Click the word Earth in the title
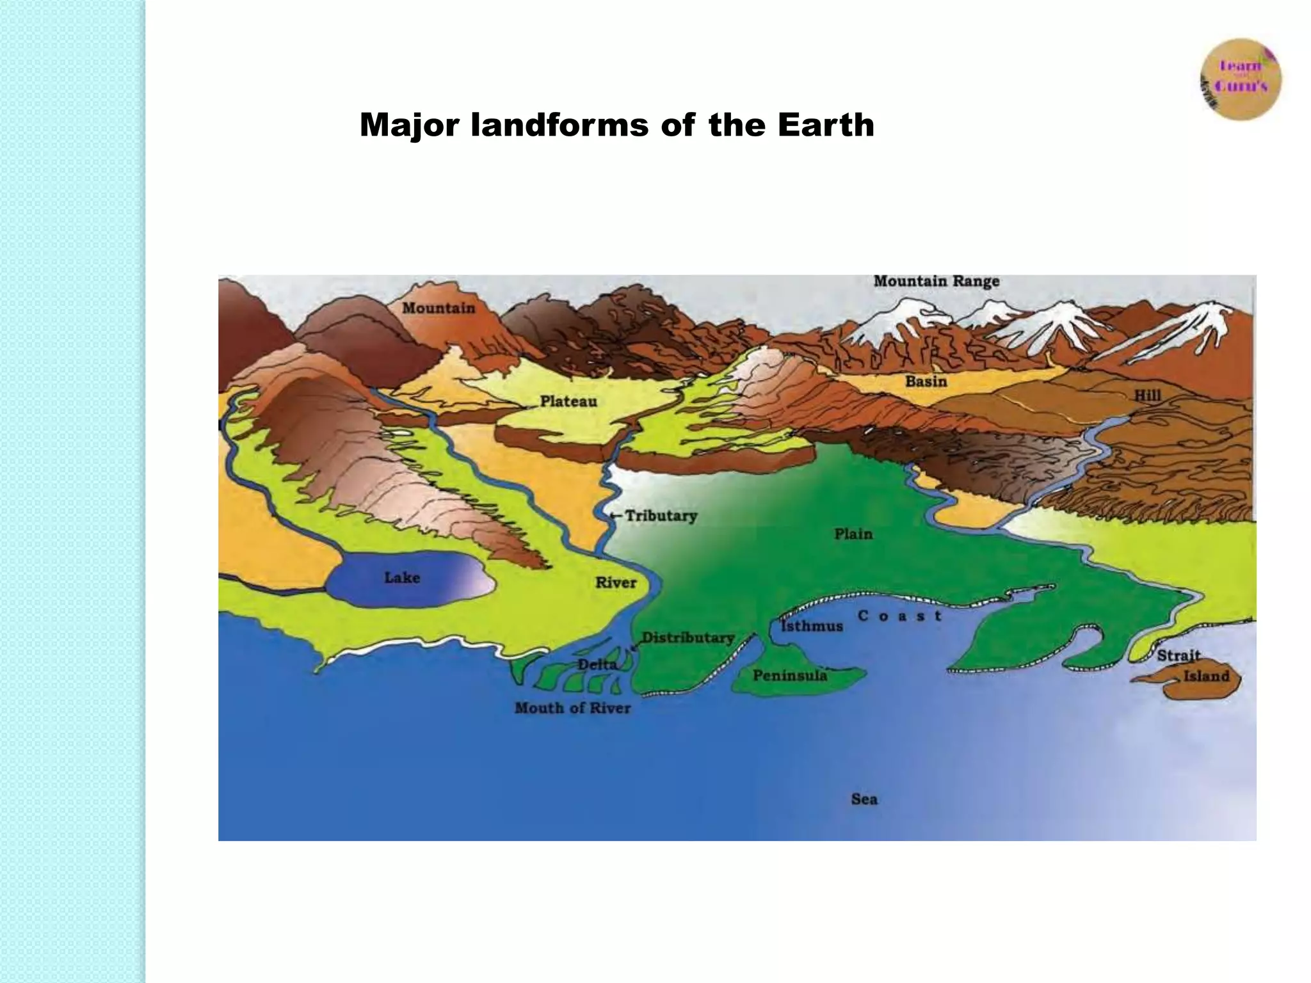[826, 125]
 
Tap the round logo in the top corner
[1241, 79]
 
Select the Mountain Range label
[936, 281]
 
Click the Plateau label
[568, 401]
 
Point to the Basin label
[926, 381]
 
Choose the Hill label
[1147, 395]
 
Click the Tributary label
[661, 516]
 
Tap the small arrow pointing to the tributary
[615, 516]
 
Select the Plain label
[853, 534]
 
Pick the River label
[616, 582]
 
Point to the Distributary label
[688, 637]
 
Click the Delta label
[597, 664]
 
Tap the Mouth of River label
[573, 708]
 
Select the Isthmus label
[812, 626]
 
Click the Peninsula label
[789, 676]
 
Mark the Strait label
[1178, 655]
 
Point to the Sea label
[864, 799]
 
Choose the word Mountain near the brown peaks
[438, 308]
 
